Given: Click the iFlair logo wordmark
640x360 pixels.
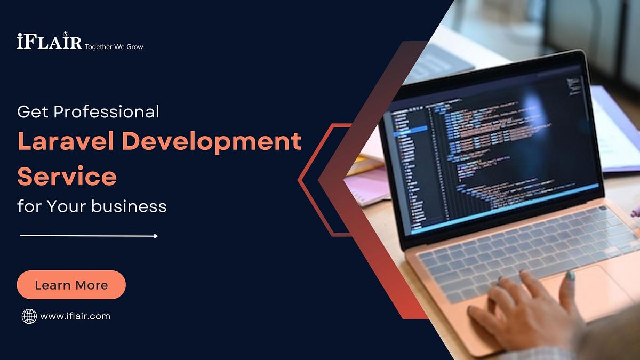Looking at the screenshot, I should coord(49,41).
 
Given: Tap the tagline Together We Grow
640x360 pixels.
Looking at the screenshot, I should coord(114,47).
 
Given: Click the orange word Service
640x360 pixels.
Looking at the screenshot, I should coord(67,177).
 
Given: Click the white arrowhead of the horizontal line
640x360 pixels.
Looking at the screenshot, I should coord(155,236).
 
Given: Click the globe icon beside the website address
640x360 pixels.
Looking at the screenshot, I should coord(29,316).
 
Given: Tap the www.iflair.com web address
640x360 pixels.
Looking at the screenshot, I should coord(75,316).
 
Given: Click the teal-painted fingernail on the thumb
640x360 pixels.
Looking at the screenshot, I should coord(571,275).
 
